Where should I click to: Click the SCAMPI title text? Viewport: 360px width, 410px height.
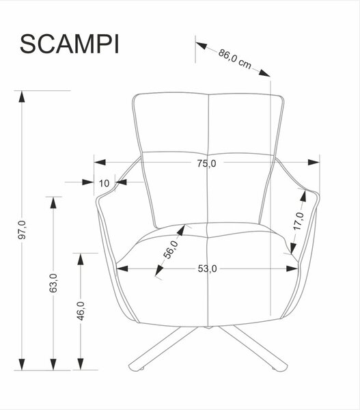[x=70, y=44]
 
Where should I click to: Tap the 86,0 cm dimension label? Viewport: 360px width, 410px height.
[x=235, y=59]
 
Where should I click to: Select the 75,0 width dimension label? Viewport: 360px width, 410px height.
[x=206, y=163]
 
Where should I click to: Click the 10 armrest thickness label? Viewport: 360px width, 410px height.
[x=104, y=183]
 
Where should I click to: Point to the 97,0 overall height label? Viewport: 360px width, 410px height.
[x=23, y=230]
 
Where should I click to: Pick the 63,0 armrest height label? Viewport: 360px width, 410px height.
[x=53, y=283]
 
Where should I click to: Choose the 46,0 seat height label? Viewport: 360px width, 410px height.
[x=81, y=311]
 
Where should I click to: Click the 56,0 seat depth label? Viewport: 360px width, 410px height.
[x=170, y=249]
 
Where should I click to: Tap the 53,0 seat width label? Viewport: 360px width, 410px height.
[x=207, y=269]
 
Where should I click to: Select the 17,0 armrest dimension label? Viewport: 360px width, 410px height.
[x=299, y=221]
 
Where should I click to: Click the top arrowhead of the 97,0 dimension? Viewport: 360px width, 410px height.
[x=22, y=97]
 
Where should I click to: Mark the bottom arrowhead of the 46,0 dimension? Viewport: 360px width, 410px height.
[x=81, y=364]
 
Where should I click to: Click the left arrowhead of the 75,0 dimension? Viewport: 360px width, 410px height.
[x=100, y=163]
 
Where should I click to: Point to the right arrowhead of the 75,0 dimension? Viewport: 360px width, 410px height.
[x=314, y=163]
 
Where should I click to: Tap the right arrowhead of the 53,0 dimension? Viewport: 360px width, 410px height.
[x=292, y=269]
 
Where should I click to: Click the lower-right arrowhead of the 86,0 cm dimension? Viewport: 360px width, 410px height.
[x=264, y=72]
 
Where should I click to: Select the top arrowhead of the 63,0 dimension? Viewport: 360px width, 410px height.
[x=53, y=203]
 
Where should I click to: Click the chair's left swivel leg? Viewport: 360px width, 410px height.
[x=163, y=348]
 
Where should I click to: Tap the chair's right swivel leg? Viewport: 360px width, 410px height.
[x=254, y=348]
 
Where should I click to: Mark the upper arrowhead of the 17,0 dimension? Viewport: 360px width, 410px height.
[x=303, y=196]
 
